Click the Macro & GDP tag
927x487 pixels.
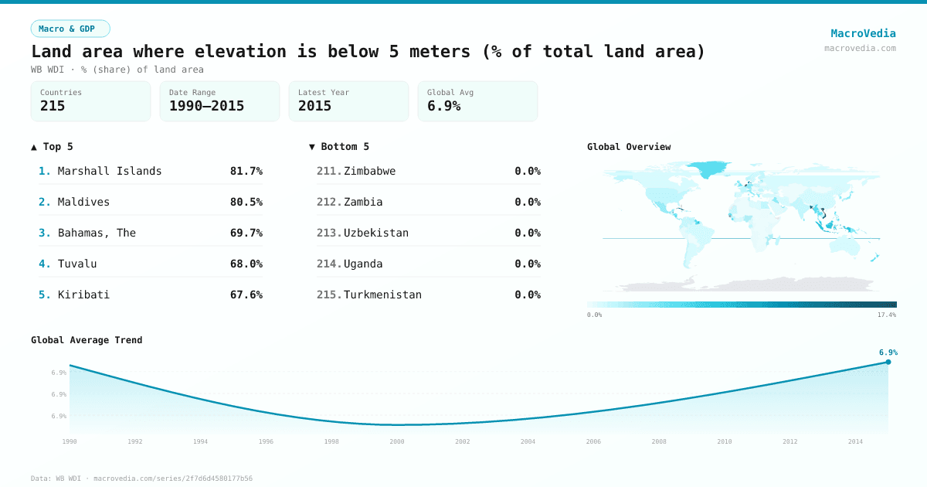pyautogui.click(x=70, y=29)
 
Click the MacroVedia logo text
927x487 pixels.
pyautogui.click(x=863, y=33)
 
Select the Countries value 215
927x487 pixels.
pyautogui.click(x=53, y=106)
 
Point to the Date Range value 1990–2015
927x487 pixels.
pyautogui.click(x=206, y=106)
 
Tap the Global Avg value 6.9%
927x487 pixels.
pyautogui.click(x=443, y=106)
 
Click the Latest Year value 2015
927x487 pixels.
pyautogui.click(x=314, y=106)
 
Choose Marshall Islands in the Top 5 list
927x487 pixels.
pyautogui.click(x=110, y=171)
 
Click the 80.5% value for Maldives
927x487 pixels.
pyautogui.click(x=246, y=202)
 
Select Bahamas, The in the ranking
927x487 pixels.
pyautogui.click(x=97, y=233)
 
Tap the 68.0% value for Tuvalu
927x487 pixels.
pyautogui.click(x=246, y=264)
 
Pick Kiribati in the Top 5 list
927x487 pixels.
pyautogui.click(x=83, y=295)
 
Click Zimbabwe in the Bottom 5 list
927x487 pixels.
pyautogui.click(x=369, y=171)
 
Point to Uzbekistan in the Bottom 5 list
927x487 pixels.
pyautogui.click(x=376, y=233)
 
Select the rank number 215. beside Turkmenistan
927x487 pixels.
pyautogui.click(x=329, y=295)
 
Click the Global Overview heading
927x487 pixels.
pyautogui.click(x=629, y=147)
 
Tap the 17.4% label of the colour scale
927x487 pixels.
pyautogui.click(x=887, y=315)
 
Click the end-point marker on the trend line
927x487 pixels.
pyautogui.click(x=888, y=362)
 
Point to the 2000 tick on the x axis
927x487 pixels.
pyautogui.click(x=397, y=441)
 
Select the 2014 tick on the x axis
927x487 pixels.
pyautogui.click(x=855, y=441)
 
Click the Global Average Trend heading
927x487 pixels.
pyautogui.click(x=87, y=340)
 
